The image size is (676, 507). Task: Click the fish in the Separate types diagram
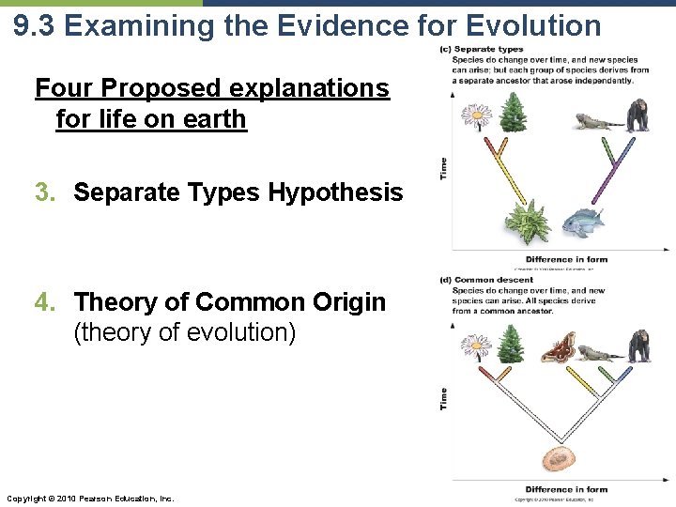coord(583,222)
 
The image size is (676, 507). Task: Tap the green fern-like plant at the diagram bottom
coord(526,222)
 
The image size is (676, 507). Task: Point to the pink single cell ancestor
coord(561,459)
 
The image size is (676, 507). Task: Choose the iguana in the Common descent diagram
coord(597,353)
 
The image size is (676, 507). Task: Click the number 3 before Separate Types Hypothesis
coord(41,192)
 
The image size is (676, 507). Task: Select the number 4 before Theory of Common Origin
coord(41,302)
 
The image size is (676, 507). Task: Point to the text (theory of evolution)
coord(184,333)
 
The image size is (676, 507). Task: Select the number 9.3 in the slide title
coord(36,25)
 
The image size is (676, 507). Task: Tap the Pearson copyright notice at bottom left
coord(89,497)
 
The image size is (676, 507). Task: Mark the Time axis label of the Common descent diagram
coord(444,398)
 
